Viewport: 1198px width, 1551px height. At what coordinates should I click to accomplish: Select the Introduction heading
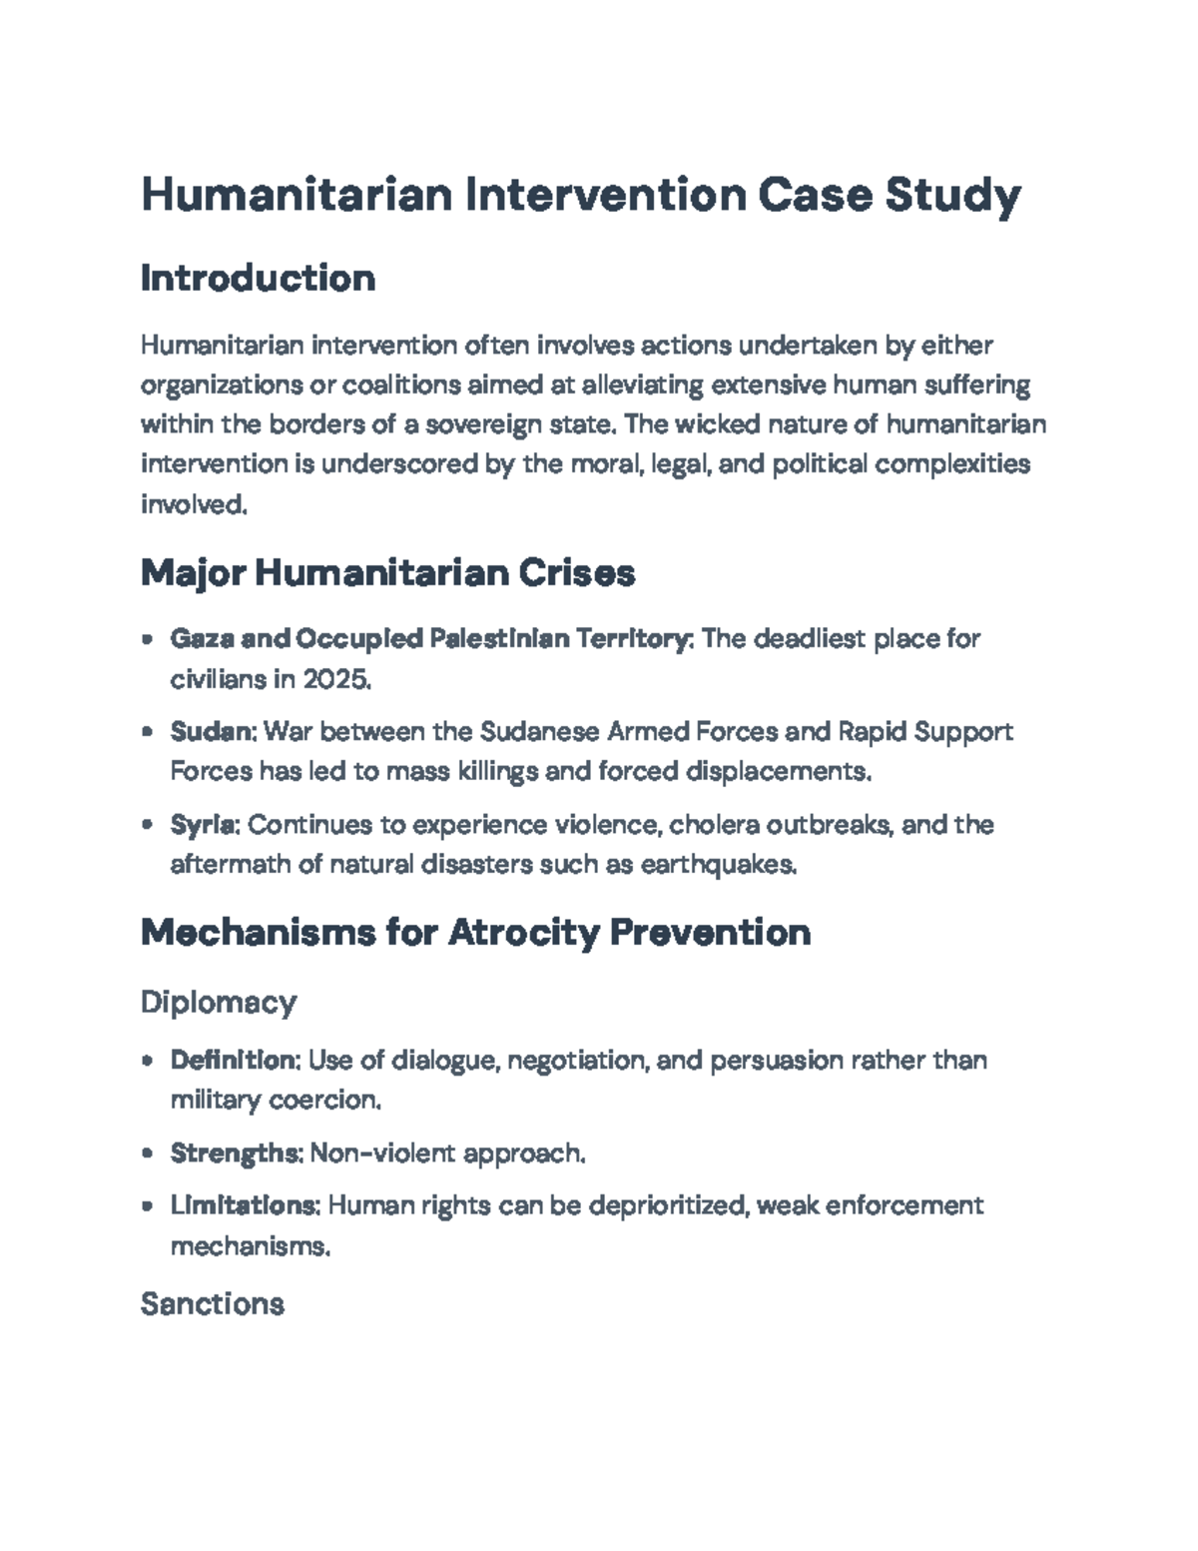pyautogui.click(x=258, y=278)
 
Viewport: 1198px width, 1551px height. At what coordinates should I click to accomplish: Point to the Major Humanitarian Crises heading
pyautogui.click(x=387, y=573)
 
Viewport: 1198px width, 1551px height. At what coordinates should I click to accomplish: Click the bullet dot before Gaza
pyautogui.click(x=148, y=638)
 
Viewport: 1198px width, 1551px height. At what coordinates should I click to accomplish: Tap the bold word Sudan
pyautogui.click(x=213, y=732)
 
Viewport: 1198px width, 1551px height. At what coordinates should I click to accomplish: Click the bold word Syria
pyautogui.click(x=204, y=825)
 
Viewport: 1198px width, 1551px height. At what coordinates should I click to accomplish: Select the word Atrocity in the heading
pyautogui.click(x=523, y=933)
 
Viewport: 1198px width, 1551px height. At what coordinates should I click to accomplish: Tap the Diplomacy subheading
pyautogui.click(x=219, y=1002)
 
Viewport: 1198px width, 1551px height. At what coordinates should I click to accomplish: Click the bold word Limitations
pyautogui.click(x=245, y=1205)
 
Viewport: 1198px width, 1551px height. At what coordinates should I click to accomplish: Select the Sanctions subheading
pyautogui.click(x=213, y=1303)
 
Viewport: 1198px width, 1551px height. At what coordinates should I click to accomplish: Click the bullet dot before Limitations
pyautogui.click(x=148, y=1206)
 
